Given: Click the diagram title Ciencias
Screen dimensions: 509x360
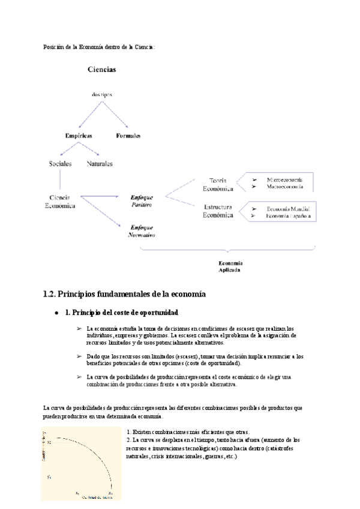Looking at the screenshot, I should pos(102,69).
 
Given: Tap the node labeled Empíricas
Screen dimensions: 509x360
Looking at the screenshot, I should pos(79,136).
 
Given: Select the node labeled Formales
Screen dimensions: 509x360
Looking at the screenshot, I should pos(128,136).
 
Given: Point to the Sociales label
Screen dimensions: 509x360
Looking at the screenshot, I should pos(60,163).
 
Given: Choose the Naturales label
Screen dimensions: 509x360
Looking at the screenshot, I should pos(99,163).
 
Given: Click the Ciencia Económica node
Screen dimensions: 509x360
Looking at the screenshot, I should pos(60,200).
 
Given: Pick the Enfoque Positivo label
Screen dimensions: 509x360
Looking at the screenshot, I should pos(142,200).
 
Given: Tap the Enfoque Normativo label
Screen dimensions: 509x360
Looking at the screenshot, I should pos(142,231).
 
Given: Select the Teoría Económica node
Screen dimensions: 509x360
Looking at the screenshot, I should pos(218,184).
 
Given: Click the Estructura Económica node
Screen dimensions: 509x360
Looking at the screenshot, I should pos(218,211).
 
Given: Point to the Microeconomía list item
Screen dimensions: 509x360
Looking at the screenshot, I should pos(284,179).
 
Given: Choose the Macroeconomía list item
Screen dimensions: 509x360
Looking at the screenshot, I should pos(284,187).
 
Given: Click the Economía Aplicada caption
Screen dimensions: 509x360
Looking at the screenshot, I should pos(230,267).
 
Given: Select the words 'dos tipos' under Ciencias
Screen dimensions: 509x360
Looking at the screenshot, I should pos(101,94).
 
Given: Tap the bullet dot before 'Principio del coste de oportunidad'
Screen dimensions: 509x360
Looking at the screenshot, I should pos(56,313).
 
